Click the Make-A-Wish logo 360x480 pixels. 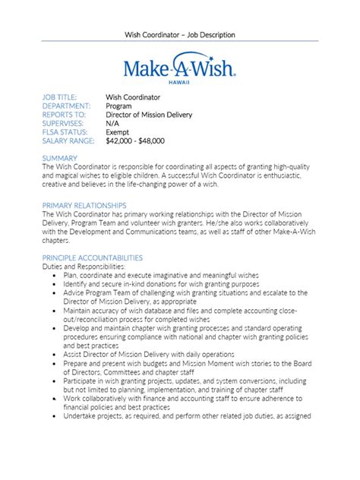180,68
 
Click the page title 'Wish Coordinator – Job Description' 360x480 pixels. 180,34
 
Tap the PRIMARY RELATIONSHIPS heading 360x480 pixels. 84,206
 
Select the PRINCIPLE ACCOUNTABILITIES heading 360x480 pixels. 93,258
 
